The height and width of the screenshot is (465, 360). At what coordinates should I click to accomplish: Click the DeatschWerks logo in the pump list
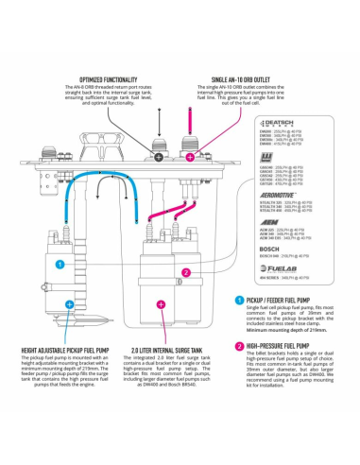click(x=280, y=123)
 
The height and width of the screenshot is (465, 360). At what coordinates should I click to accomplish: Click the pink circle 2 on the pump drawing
click(x=187, y=271)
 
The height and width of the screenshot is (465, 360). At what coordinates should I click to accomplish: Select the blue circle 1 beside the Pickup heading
click(x=240, y=300)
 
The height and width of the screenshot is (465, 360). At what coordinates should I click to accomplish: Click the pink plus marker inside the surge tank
click(x=163, y=302)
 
